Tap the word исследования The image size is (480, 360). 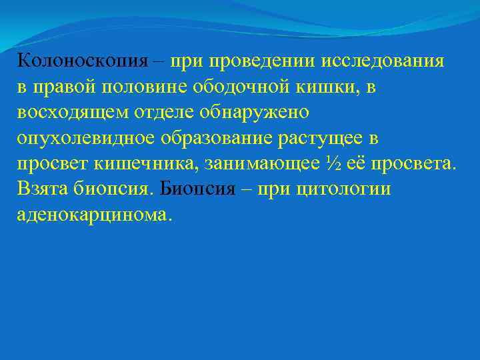383,61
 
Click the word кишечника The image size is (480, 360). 154,163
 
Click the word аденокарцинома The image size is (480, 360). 95,215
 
